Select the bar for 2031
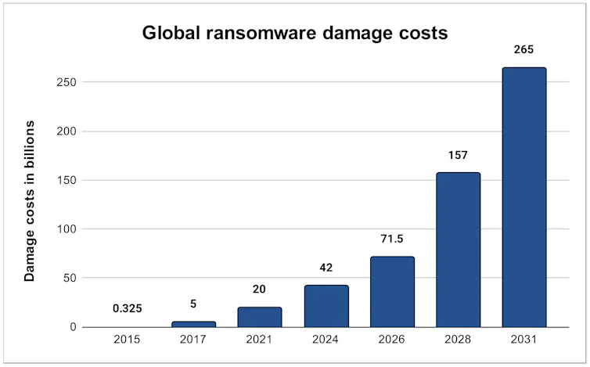pyautogui.click(x=523, y=197)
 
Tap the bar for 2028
pyautogui.click(x=458, y=250)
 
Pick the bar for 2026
pyautogui.click(x=392, y=292)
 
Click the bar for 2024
pyautogui.click(x=326, y=306)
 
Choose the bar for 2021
pyautogui.click(x=260, y=317)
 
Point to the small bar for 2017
pyautogui.click(x=193, y=324)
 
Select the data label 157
pyautogui.click(x=458, y=156)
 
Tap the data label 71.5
pyautogui.click(x=392, y=239)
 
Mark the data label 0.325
pyautogui.click(x=128, y=309)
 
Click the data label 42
pyautogui.click(x=326, y=268)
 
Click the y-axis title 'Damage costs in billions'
pyautogui.click(x=30, y=201)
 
